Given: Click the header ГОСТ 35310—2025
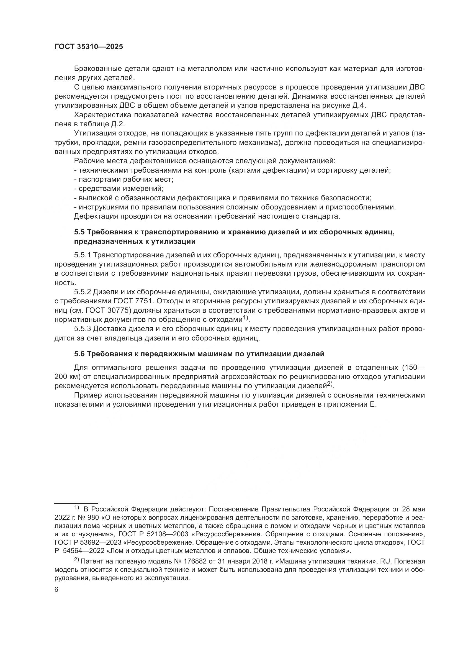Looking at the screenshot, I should click(x=89, y=47).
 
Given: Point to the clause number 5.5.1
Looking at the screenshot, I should click(x=82, y=255).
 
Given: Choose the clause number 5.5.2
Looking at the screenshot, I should click(x=82, y=292).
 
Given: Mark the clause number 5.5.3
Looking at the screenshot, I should click(x=82, y=329).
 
